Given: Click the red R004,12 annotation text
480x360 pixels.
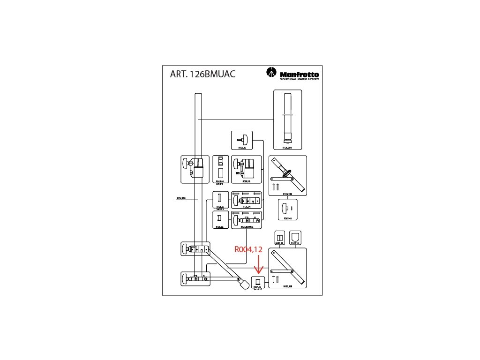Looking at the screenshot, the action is pyautogui.click(x=248, y=250).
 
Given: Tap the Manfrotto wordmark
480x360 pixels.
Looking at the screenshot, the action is pyautogui.click(x=300, y=75).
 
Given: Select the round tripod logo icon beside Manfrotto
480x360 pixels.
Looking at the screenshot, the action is pyautogui.click(x=271, y=73).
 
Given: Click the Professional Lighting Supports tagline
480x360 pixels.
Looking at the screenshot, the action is pyautogui.click(x=299, y=80).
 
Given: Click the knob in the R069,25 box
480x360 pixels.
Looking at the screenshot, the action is pyautogui.click(x=241, y=139).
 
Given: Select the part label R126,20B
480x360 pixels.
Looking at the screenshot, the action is pyautogui.click(x=287, y=147).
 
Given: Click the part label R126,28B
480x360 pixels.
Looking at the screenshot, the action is pyautogui.click(x=287, y=194).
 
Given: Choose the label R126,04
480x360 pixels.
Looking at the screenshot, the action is pyautogui.click(x=247, y=206).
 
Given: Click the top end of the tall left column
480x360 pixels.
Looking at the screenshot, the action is pyautogui.click(x=198, y=95).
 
